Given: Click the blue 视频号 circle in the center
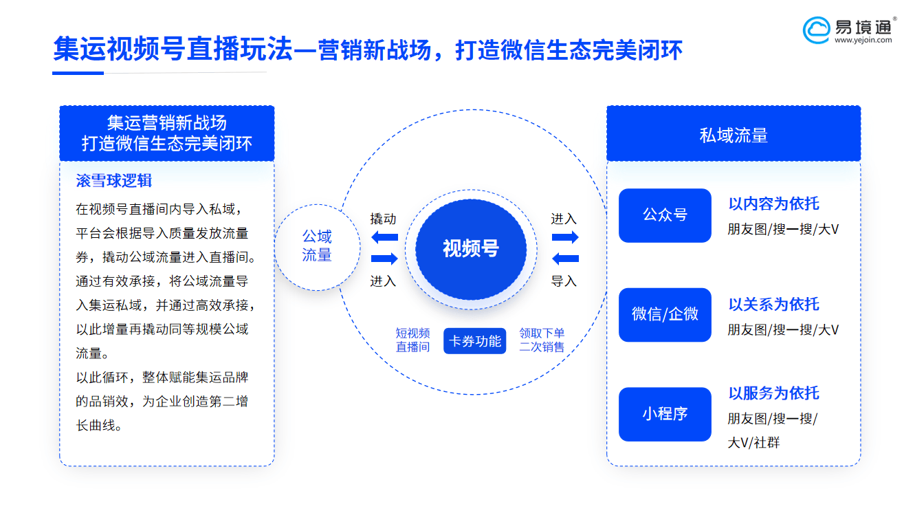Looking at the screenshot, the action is (x=471, y=250).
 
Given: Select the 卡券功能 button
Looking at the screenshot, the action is (x=474, y=341).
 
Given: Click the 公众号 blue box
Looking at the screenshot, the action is (x=665, y=215).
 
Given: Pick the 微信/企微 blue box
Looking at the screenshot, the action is (x=665, y=315).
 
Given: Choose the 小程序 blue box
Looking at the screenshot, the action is (x=665, y=414).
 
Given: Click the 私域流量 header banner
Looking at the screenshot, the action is (x=734, y=133).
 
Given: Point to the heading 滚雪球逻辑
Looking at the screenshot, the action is (x=113, y=181).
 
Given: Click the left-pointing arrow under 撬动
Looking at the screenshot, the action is (x=384, y=237).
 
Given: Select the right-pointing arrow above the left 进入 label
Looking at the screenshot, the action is (x=384, y=259).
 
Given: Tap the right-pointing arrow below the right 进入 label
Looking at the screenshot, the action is (x=565, y=237).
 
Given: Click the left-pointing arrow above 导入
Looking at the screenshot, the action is (x=565, y=259).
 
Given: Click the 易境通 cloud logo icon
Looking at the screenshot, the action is (x=816, y=30).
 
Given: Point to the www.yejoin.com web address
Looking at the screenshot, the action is (x=863, y=40).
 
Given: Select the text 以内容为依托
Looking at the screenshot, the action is (x=773, y=204).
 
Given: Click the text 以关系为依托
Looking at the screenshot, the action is (x=773, y=304).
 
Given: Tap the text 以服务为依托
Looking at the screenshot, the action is (x=773, y=393).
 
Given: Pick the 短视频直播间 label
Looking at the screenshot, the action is (x=412, y=340).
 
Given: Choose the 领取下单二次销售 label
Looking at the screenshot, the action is (x=542, y=340).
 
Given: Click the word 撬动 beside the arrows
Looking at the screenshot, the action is (x=383, y=219).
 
